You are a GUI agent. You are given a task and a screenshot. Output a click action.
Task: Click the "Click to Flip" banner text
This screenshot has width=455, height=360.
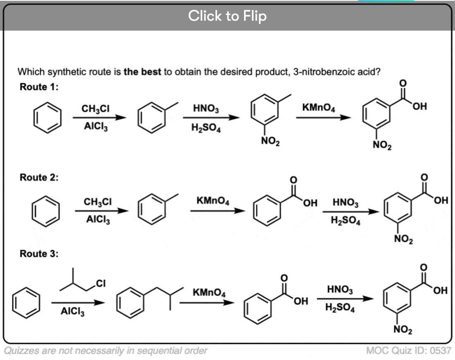point(227,16)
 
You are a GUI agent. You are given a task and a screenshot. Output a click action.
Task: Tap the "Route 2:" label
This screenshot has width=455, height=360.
point(39,178)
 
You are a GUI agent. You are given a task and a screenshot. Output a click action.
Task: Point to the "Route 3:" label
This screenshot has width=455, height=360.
point(39,254)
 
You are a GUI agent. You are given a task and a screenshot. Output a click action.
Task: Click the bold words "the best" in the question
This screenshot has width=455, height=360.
point(142,71)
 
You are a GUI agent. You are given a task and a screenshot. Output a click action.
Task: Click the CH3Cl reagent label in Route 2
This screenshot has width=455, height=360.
point(97,202)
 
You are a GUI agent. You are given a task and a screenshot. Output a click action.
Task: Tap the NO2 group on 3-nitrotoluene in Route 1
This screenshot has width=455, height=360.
point(271,143)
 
